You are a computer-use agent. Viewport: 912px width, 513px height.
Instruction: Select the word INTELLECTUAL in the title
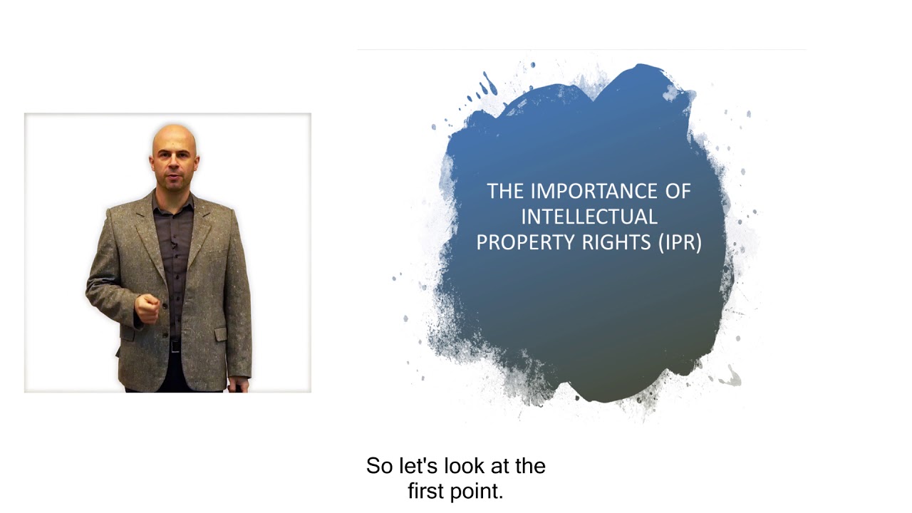589,217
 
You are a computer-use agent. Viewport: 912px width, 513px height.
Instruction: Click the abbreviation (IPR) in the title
679,242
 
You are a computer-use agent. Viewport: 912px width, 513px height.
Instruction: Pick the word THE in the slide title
505,191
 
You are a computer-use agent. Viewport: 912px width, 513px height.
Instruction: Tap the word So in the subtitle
379,466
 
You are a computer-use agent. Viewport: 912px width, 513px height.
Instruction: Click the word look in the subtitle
462,466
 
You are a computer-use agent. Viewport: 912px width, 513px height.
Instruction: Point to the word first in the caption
428,492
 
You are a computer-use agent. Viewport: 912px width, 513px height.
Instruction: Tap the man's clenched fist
147,309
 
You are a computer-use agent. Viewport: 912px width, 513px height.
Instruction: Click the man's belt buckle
175,346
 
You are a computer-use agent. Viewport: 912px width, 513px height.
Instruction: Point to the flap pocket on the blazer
220,333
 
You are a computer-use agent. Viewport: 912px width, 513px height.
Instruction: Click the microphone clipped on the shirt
173,247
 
